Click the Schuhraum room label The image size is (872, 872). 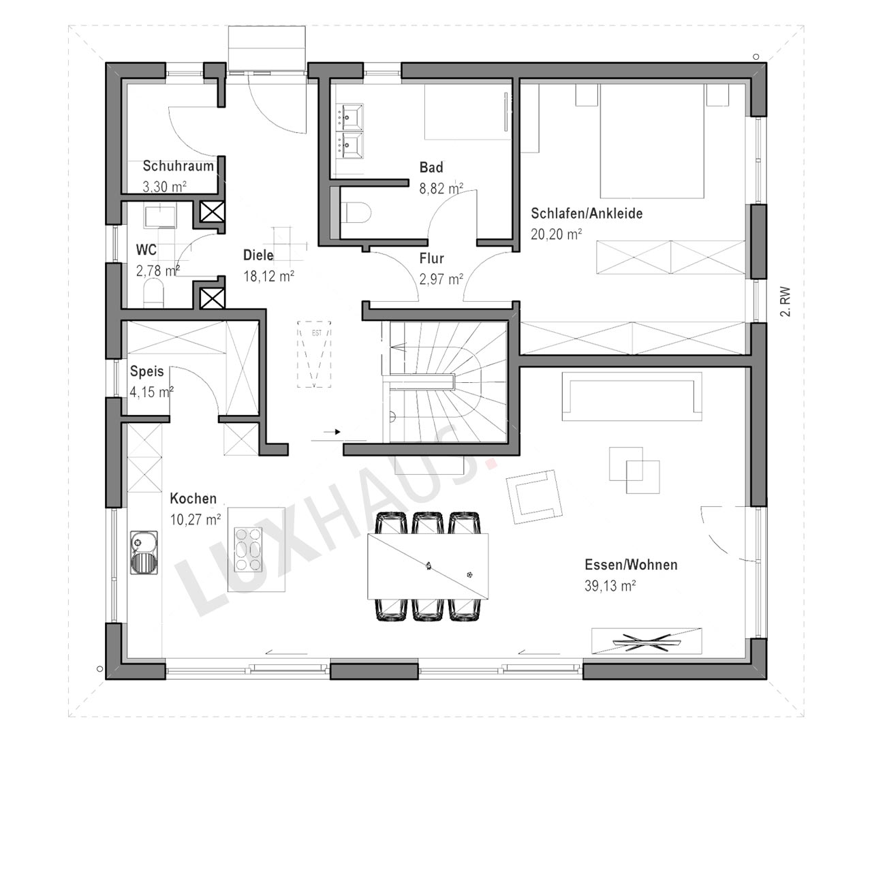pyautogui.click(x=178, y=166)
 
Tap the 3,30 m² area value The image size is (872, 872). pyautogui.click(x=165, y=187)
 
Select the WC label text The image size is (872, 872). pyautogui.click(x=146, y=250)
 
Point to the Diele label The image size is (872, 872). pyautogui.click(x=258, y=255)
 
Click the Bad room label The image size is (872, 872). pyautogui.click(x=431, y=168)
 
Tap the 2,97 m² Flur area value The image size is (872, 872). pyautogui.click(x=441, y=279)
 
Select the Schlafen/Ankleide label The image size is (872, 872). pyautogui.click(x=587, y=214)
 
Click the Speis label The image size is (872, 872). pyautogui.click(x=146, y=371)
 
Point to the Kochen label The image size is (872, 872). pyautogui.click(x=193, y=499)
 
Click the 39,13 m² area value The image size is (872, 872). pyautogui.click(x=610, y=586)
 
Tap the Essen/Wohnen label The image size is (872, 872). pyautogui.click(x=632, y=565)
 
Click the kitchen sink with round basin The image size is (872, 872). pyautogui.click(x=144, y=552)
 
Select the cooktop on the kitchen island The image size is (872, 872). pyautogui.click(x=249, y=548)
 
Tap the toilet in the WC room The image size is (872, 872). pyautogui.click(x=154, y=293)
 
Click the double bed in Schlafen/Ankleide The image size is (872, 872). pyautogui.click(x=652, y=141)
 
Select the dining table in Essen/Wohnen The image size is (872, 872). pyautogui.click(x=428, y=566)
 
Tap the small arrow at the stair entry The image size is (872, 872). pyautogui.click(x=332, y=432)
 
